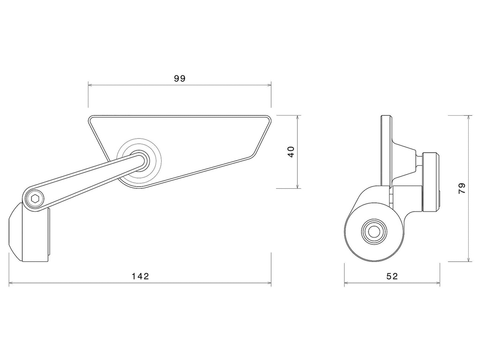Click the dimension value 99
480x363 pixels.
[180, 79]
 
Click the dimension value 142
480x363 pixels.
[140, 276]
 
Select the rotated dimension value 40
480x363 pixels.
[291, 152]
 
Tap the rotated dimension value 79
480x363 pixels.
[462, 188]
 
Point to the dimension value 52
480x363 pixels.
[392, 276]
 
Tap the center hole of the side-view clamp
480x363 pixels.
[374, 231]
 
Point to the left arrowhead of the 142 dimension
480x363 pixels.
[11, 283]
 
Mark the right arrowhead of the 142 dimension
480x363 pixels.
[269, 283]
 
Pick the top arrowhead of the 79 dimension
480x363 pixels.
[469, 117]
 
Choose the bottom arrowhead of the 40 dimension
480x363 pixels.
[298, 186]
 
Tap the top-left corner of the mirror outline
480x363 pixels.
[90, 118]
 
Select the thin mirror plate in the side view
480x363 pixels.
[386, 150]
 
